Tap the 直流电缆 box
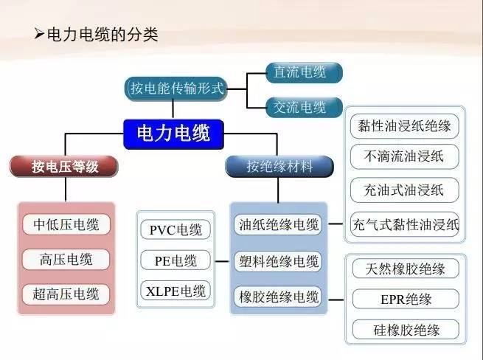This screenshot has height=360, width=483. coord(299,73)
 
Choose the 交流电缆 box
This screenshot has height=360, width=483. coord(299,107)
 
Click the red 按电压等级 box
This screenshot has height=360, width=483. coord(65,167)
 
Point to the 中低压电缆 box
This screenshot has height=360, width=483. coord(66,224)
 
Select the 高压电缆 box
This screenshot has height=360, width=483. coord(66,259)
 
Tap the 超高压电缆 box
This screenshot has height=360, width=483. coord(66,294)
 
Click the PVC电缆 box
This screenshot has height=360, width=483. coord(176,229)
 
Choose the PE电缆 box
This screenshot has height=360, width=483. coord(176,260)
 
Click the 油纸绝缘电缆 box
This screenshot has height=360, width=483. coord(279,224)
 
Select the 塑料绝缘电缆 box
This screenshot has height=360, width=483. coord(279,261)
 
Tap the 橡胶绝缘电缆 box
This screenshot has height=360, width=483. coord(279,297)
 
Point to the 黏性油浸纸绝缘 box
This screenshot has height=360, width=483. coord(404,125)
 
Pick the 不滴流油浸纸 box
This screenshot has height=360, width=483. coord(404,156)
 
